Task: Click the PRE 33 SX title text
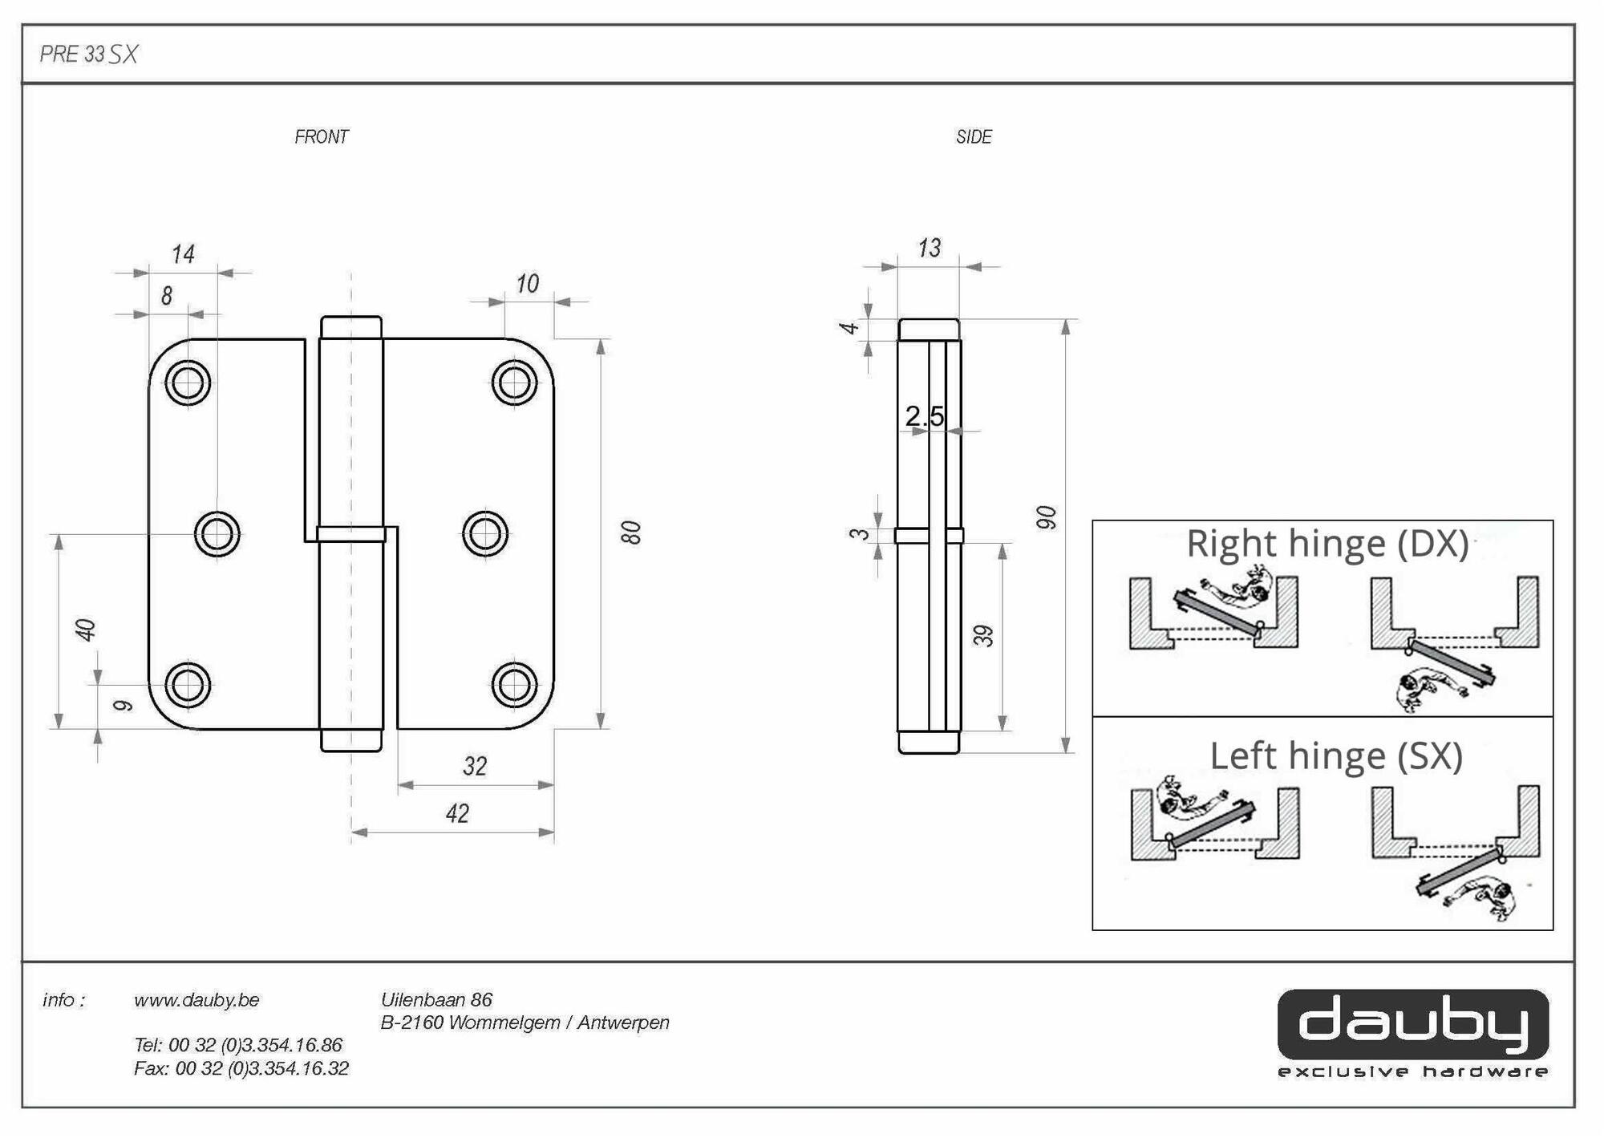tap(89, 54)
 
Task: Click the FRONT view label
tap(321, 137)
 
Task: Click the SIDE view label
tap(974, 137)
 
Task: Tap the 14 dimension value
tap(183, 254)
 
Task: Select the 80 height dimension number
tap(632, 533)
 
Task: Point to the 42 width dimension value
tap(457, 813)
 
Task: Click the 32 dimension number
tap(475, 766)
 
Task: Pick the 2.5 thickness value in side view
tap(924, 416)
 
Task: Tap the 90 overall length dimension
tap(1046, 517)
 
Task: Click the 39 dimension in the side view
tap(983, 636)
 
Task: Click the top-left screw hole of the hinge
tap(188, 383)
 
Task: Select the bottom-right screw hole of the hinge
tap(514, 685)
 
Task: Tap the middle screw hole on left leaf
tap(217, 533)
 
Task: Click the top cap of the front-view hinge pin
tap(351, 326)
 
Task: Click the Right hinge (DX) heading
tap(1327, 543)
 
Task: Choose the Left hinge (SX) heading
tap(1336, 755)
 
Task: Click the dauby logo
tap(1412, 1025)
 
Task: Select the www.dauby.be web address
tap(196, 1000)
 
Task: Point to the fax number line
tap(241, 1068)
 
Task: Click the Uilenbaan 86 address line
tap(436, 1000)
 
